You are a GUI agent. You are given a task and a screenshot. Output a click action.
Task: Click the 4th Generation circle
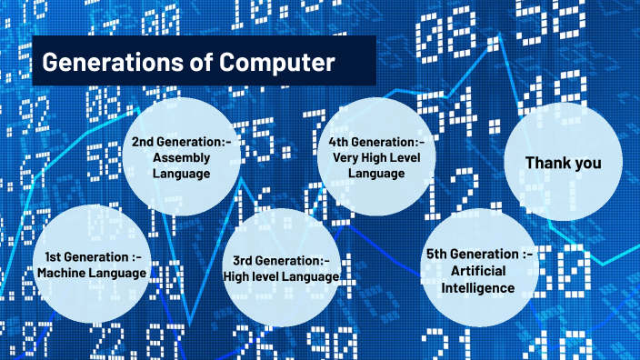tap(375, 156)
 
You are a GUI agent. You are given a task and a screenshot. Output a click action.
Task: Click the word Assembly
tap(182, 156)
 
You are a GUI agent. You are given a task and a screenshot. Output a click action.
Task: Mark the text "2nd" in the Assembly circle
tap(145, 142)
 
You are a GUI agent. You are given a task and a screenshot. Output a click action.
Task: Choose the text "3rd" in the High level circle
tap(245, 263)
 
